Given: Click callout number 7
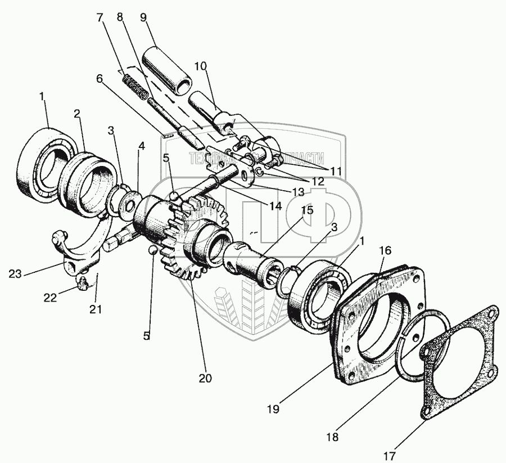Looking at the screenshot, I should (100, 17).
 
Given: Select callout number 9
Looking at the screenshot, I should (143, 17).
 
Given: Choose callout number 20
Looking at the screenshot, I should (205, 377).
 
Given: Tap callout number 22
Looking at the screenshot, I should (51, 298).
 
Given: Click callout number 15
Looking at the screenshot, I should (306, 211).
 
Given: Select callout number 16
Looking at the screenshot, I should (385, 250).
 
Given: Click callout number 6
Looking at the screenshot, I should (100, 79).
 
